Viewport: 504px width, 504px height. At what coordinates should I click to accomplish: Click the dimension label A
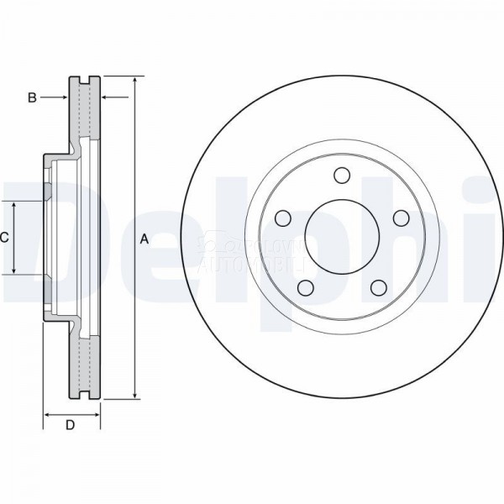(x=144, y=239)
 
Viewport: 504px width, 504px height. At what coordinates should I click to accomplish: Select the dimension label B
(x=32, y=97)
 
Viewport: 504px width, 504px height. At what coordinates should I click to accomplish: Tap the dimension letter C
(x=4, y=238)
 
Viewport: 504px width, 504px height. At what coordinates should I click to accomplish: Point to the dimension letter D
(x=71, y=425)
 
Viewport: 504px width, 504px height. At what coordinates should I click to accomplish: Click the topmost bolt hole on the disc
(x=341, y=175)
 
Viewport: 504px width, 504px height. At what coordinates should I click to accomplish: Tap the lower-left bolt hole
(x=306, y=288)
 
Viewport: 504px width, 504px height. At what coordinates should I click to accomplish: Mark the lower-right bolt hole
(x=377, y=288)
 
